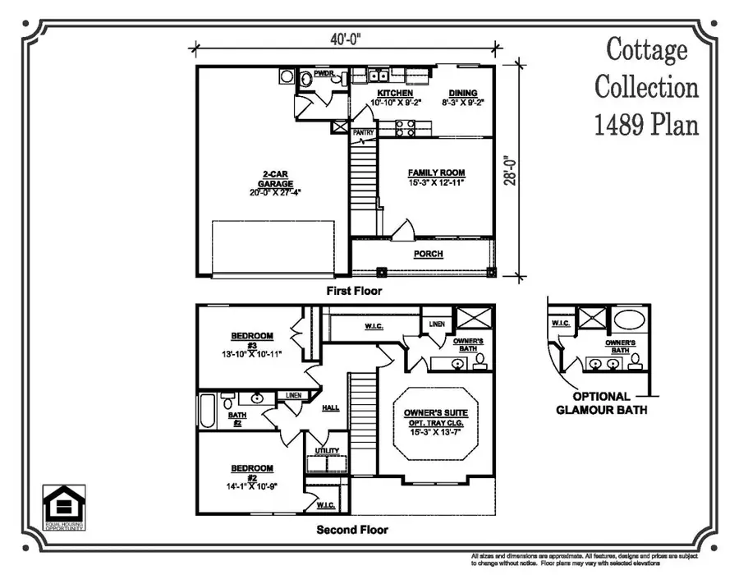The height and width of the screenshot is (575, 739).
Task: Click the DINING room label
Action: [461, 93]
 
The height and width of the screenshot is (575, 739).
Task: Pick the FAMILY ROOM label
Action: [436, 172]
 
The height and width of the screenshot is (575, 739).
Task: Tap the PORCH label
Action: [428, 254]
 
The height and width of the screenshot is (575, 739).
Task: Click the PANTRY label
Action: [363, 131]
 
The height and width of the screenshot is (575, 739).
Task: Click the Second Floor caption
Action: [352, 530]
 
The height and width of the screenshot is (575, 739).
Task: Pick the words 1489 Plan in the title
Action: [646, 124]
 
